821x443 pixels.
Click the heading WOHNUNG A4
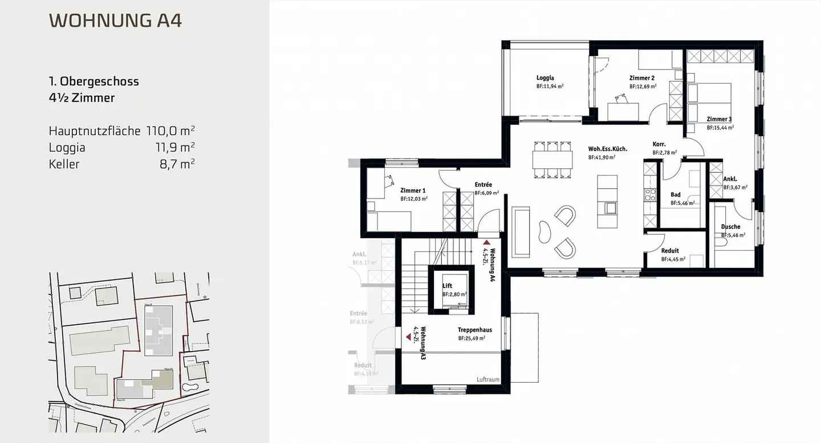coord(116,21)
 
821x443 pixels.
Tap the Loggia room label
coord(545,78)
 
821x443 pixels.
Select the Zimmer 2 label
coord(641,78)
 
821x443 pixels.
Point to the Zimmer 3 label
coord(719,119)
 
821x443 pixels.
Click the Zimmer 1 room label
coord(413,190)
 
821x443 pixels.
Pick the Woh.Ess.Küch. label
coord(608,149)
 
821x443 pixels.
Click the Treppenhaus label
coord(474,330)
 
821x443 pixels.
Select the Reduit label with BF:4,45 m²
coord(670,251)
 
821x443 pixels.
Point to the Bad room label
coord(676,195)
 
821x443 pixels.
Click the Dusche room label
coord(730,227)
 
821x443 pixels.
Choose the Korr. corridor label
coord(659,145)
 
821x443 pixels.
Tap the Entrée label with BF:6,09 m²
coord(483,185)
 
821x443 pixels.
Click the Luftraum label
coord(487,380)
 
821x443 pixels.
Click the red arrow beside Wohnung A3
coord(408,338)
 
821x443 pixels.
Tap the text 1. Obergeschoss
coord(94,82)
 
